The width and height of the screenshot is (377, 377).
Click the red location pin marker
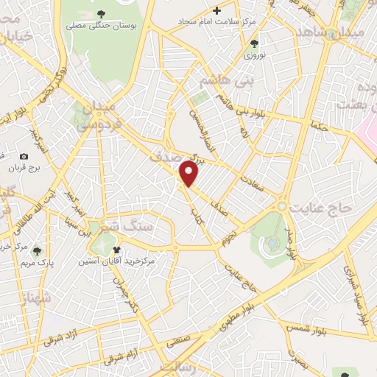tap(190, 174)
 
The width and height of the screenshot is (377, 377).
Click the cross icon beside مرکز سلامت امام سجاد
tap(216, 10)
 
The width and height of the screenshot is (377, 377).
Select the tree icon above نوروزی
tap(254, 43)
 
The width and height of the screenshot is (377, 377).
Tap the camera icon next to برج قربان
tap(24, 157)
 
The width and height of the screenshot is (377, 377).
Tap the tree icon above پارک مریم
tap(38, 250)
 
